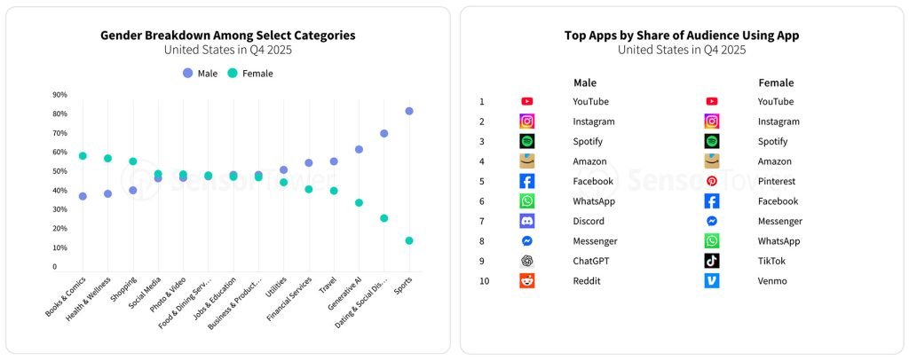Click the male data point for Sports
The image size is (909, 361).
pyautogui.click(x=409, y=111)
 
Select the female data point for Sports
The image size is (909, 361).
pyautogui.click(x=409, y=240)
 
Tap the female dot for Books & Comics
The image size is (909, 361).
pyautogui.click(x=83, y=156)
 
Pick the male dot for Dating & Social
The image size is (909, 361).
pyautogui.click(x=384, y=134)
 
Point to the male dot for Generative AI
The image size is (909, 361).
pyautogui.click(x=359, y=150)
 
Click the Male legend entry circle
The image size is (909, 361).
pyautogui.click(x=187, y=73)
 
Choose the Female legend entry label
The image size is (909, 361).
pyautogui.click(x=257, y=74)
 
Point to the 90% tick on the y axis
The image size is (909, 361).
pyautogui.click(x=60, y=95)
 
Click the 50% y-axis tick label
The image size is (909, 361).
pyautogui.click(x=60, y=171)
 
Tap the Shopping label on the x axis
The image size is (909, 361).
pyautogui.click(x=123, y=290)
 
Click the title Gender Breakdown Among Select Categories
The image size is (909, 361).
pyautogui.click(x=227, y=35)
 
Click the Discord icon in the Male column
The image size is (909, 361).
pyautogui.click(x=527, y=221)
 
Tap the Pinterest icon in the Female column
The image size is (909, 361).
pyautogui.click(x=712, y=181)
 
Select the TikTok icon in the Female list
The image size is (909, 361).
pyautogui.click(x=712, y=261)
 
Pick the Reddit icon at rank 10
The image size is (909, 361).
pyautogui.click(x=527, y=281)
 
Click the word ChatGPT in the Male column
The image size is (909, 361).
pyautogui.click(x=591, y=261)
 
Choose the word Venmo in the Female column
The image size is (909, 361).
pyautogui.click(x=772, y=281)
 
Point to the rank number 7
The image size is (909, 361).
pyautogui.click(x=482, y=221)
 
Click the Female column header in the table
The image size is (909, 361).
pyautogui.click(x=776, y=82)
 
